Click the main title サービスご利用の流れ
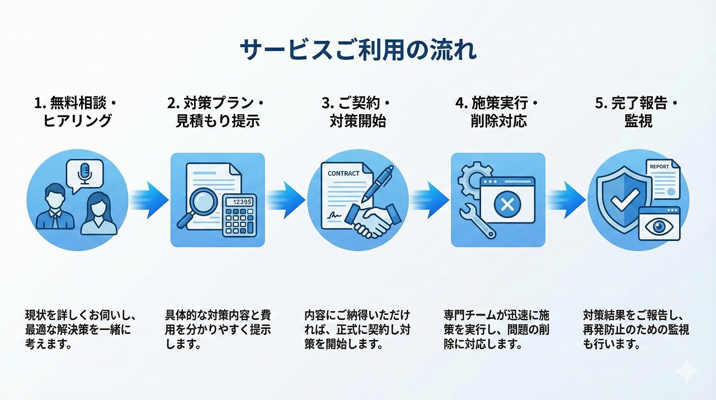click(x=358, y=50)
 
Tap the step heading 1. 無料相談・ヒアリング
click(x=78, y=112)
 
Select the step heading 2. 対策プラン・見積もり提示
click(x=217, y=112)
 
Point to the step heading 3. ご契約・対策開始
click(x=358, y=112)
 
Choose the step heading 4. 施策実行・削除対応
click(x=498, y=112)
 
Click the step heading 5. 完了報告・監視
click(x=638, y=112)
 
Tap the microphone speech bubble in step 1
click(x=84, y=173)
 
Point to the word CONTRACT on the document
click(x=343, y=174)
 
